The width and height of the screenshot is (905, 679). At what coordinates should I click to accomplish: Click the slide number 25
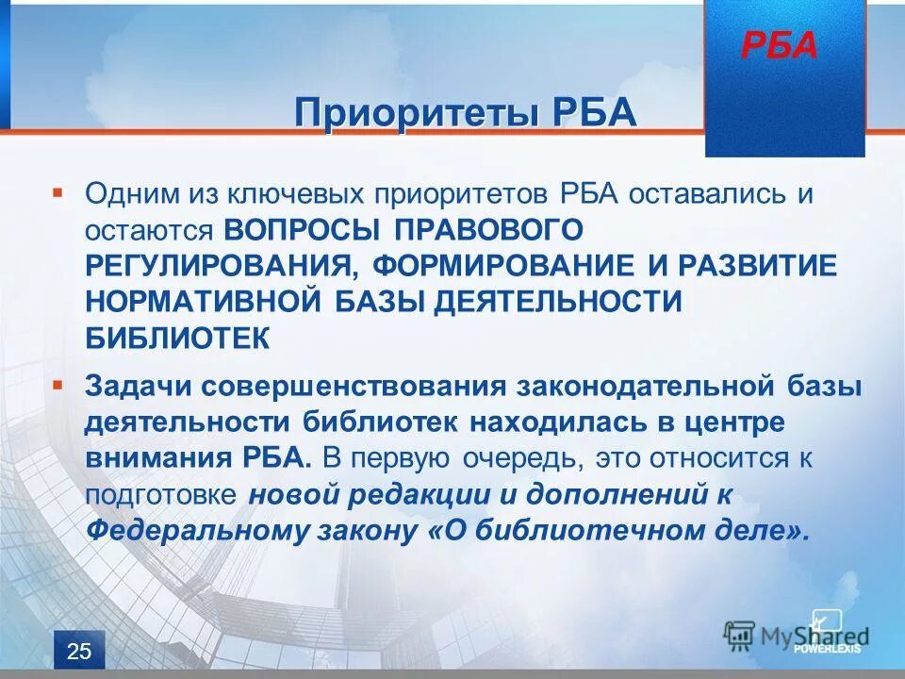pos(79,651)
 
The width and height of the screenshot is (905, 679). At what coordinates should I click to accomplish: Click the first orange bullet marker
pos(58,191)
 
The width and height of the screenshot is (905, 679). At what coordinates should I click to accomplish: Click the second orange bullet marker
pos(58,386)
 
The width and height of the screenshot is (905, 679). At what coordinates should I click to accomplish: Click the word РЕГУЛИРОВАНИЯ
pos(219,266)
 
